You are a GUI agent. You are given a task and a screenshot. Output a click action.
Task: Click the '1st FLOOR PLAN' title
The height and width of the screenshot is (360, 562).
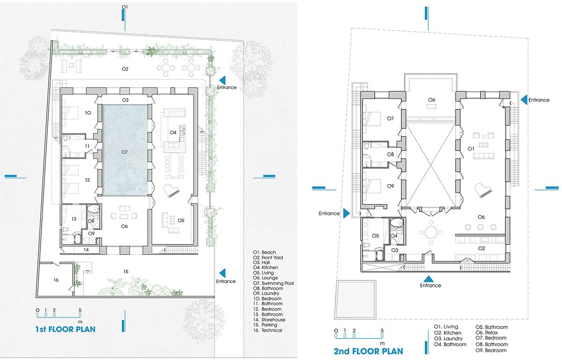(x=65, y=329)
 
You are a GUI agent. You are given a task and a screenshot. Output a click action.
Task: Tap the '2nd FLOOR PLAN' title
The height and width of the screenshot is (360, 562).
(x=368, y=351)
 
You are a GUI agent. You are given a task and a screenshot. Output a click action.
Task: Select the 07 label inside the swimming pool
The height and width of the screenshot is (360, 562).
(x=125, y=152)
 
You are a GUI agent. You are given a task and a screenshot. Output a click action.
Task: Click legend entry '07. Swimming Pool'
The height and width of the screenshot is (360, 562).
(x=274, y=283)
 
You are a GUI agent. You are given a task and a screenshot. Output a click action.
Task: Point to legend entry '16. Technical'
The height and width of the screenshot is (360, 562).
(x=268, y=330)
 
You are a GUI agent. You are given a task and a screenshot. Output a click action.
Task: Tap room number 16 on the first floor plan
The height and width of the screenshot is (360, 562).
(x=56, y=280)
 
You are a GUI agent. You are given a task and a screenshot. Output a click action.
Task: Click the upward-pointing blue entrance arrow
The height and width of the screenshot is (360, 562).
(x=428, y=279)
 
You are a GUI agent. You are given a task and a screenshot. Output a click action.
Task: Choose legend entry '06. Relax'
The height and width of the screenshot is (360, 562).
(x=487, y=332)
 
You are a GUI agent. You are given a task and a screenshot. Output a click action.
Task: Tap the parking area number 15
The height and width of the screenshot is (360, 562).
(x=126, y=271)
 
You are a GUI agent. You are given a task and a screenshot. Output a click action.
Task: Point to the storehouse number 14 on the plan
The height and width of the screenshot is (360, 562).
(x=86, y=250)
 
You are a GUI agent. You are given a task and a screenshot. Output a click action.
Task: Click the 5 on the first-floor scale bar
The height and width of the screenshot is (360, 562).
(x=80, y=310)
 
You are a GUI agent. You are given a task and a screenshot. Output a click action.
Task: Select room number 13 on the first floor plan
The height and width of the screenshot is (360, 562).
(x=74, y=219)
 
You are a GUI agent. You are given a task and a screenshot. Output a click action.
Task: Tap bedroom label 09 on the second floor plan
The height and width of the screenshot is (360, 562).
(x=391, y=186)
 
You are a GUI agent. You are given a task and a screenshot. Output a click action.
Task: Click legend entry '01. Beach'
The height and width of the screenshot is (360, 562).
(x=265, y=252)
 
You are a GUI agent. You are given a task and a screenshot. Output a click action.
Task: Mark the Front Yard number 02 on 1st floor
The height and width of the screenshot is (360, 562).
(x=125, y=69)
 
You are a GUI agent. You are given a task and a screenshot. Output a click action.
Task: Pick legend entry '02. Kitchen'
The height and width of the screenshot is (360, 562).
(x=448, y=333)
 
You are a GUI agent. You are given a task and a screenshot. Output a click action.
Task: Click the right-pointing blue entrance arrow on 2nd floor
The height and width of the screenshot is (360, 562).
(x=347, y=213)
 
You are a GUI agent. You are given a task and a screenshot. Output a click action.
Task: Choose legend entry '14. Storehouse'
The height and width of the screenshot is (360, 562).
(x=269, y=320)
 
